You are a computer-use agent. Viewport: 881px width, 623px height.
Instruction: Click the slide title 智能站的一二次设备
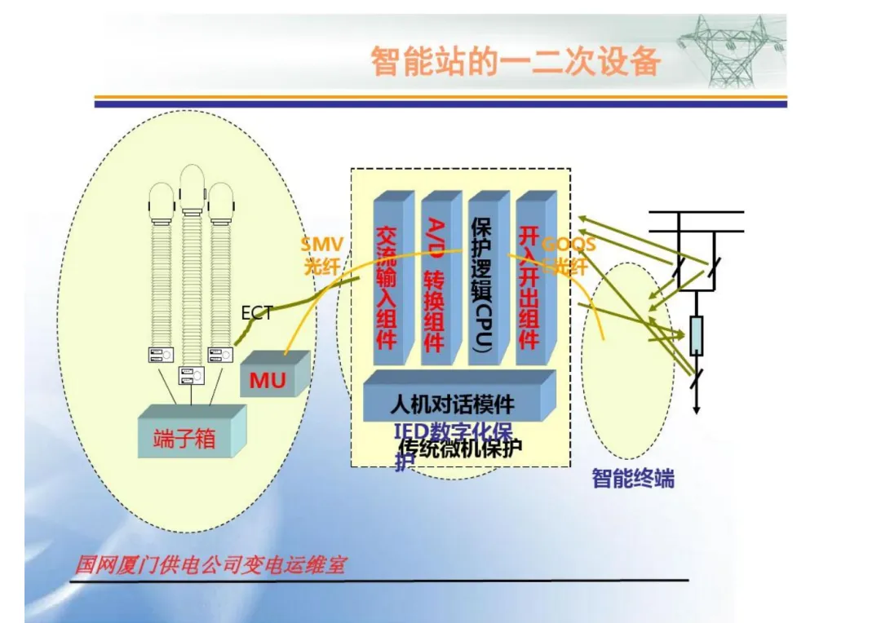point(516,62)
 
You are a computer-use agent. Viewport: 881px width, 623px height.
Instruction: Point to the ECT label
point(256,313)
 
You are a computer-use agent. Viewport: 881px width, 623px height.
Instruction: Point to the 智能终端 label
point(633,479)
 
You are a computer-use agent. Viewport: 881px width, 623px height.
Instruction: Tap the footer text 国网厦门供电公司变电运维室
point(210,564)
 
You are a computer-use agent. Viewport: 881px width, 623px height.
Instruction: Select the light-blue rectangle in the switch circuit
point(696,335)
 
